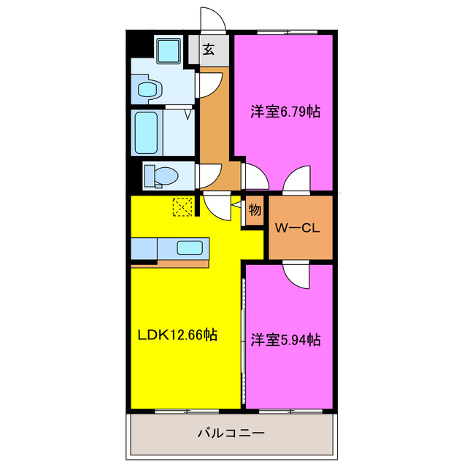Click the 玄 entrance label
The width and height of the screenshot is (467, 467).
209,50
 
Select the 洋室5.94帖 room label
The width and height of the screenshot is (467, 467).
286,339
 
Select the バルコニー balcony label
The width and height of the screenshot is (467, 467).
231,434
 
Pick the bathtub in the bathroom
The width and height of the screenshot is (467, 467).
147,131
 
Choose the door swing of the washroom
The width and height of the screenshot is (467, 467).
209,82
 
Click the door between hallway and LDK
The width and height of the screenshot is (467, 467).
217,204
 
